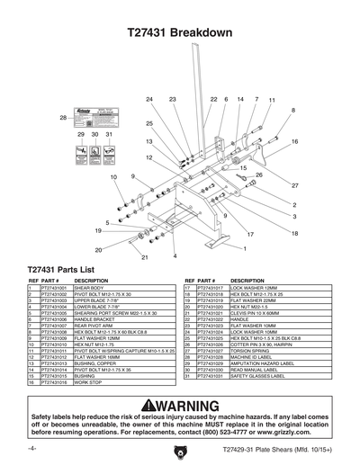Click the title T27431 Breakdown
pyautogui.click(x=180, y=33)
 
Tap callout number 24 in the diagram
pyautogui.click(x=148, y=98)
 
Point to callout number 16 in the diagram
pyautogui.click(x=294, y=141)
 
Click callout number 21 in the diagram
pyautogui.click(x=143, y=257)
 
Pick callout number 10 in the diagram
pyautogui.click(x=112, y=177)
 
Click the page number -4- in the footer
pyautogui.click(x=32, y=447)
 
